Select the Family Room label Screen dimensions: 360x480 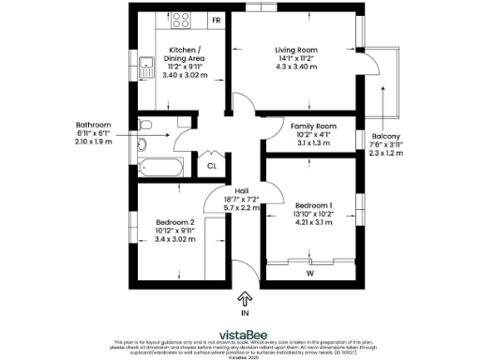click(x=309, y=126)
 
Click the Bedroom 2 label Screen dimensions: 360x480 click(x=174, y=222)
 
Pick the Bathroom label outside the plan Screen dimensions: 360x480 click(x=94, y=125)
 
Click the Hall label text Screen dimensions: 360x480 click(x=241, y=190)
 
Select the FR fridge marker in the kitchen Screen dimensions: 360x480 click(x=216, y=20)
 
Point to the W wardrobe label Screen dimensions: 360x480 click(x=309, y=275)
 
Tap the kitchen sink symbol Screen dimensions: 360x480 click(x=145, y=68)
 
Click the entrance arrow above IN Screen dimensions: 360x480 click(x=245, y=299)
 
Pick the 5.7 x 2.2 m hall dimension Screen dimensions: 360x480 click(x=241, y=207)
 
